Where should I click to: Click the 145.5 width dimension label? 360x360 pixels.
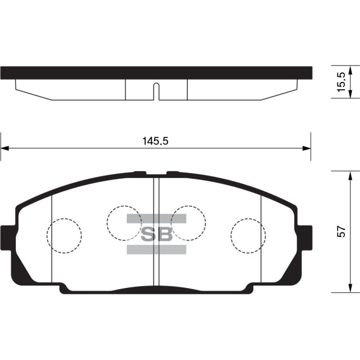click(x=155, y=141)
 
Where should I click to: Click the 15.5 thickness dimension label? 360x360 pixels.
click(x=341, y=82)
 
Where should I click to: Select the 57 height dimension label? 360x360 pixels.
click(x=341, y=232)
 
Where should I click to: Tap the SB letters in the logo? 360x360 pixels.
click(x=157, y=234)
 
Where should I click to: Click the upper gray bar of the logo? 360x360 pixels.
click(x=157, y=219)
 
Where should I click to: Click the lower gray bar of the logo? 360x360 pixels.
click(x=157, y=249)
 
